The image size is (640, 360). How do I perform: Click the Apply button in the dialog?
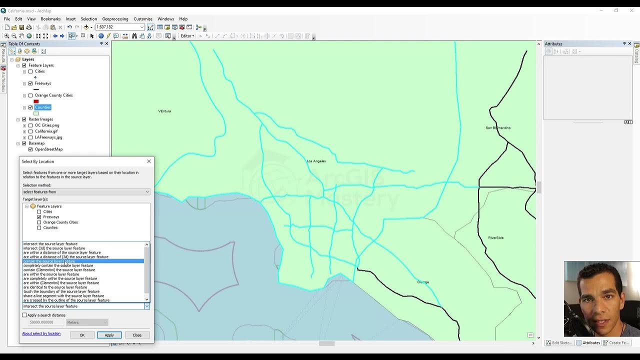(109, 335)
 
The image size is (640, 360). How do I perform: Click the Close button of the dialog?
(137, 335)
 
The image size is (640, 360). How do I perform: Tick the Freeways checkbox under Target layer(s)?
(39, 217)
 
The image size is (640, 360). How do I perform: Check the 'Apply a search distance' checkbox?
(24, 315)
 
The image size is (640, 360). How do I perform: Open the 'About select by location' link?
(41, 333)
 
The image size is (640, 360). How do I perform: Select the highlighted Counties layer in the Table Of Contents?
(42, 107)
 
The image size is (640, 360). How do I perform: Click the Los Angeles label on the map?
(316, 161)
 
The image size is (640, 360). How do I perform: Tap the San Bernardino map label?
(498, 128)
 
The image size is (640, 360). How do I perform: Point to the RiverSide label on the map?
(496, 237)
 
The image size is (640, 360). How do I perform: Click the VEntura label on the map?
(164, 111)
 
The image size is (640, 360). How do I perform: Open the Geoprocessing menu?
(115, 19)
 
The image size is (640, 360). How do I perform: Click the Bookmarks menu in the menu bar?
(50, 19)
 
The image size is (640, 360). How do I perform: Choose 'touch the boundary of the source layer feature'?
(61, 291)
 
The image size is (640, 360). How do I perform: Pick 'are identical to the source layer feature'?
(55, 287)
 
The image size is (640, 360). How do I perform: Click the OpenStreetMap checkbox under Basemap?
(30, 149)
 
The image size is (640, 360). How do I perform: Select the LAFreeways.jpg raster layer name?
(48, 137)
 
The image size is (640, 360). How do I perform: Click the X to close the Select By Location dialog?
(148, 161)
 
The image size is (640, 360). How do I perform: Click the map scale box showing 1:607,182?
(117, 27)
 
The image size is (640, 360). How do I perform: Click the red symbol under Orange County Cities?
(36, 101)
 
